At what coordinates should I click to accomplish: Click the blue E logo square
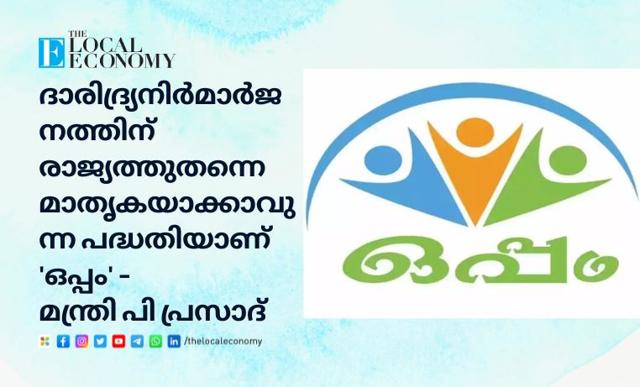pos(51,53)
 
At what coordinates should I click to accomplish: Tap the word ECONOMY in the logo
pos(122,60)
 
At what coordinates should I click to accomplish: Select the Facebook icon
pos(63,342)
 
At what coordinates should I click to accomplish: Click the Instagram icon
pos(81,342)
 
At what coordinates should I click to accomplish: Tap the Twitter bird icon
pos(100,342)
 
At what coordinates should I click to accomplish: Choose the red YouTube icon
pos(118,342)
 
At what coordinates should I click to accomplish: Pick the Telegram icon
pos(137,342)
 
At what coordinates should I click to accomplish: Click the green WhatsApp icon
pos(155,342)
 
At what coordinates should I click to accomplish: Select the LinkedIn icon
pos(174,342)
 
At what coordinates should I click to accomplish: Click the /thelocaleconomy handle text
pos(223,341)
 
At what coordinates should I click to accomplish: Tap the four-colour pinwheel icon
pos(45,342)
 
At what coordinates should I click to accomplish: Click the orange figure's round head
pos(475,133)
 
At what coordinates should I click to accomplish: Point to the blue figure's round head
pos(383,160)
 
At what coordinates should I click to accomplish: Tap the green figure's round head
pos(568,160)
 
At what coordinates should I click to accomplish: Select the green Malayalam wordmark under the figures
pos(480,259)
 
